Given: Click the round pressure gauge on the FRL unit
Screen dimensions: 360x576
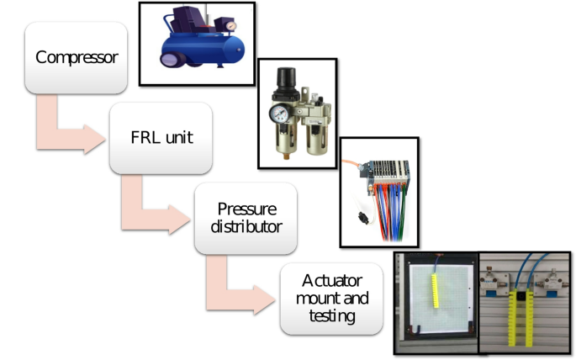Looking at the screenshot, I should point(279,113).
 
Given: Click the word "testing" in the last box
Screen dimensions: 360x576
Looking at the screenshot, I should point(330,316).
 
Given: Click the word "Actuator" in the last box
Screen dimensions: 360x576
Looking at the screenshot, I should point(330,279).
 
